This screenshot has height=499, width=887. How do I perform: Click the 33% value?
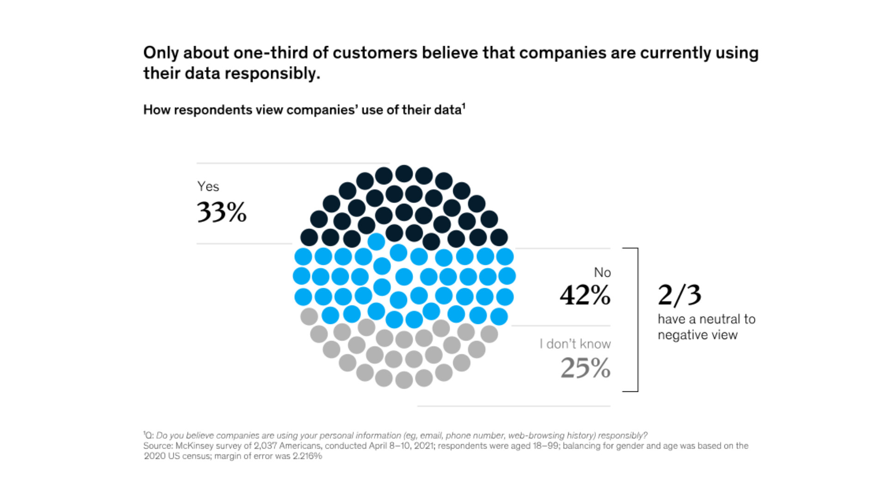222,212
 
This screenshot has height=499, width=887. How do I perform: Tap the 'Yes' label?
208,186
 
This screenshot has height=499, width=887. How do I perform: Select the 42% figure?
585,295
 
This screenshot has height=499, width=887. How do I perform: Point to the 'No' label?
602,273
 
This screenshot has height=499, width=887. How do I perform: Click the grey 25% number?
585,368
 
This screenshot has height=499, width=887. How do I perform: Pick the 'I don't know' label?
575,344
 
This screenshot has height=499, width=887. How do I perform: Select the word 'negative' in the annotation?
677,335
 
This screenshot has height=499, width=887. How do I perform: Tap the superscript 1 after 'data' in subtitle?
464,106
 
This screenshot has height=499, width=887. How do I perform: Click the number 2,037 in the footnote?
265,446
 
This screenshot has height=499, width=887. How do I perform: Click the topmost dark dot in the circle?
404,174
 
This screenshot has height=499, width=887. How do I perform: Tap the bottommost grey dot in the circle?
404,380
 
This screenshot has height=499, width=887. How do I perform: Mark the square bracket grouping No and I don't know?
637,320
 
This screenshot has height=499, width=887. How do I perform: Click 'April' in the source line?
379,446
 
